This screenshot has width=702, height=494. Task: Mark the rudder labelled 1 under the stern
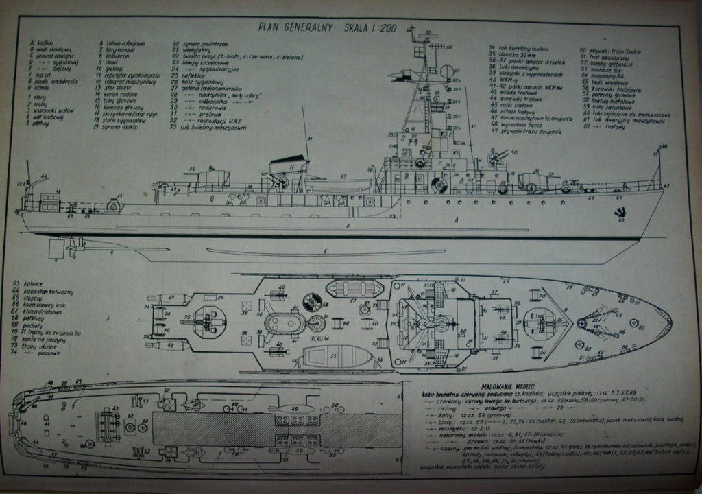[x=56, y=248]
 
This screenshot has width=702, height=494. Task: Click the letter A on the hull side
[x=456, y=221]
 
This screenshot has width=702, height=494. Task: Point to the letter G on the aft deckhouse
[x=213, y=198]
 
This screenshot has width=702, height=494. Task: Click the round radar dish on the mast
[x=446, y=71]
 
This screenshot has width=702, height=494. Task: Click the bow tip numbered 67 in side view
[x=664, y=186]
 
